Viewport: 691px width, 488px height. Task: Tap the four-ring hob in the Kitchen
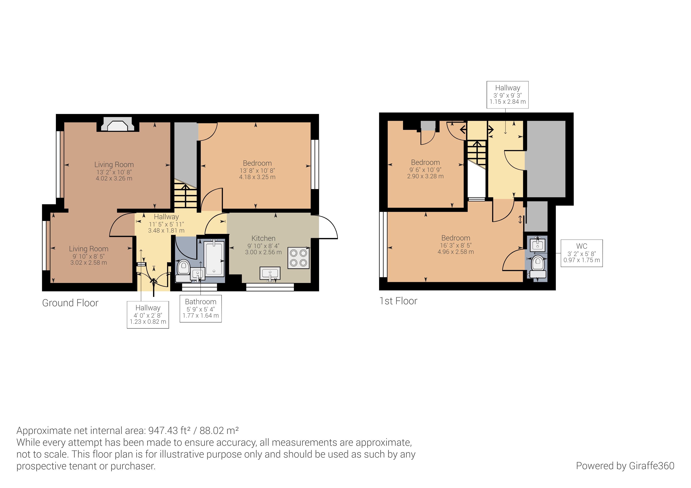[298, 258]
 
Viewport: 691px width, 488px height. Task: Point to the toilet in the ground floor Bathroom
[183, 268]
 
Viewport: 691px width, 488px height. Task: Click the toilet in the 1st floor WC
[538, 264]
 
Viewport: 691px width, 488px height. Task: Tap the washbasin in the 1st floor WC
[538, 245]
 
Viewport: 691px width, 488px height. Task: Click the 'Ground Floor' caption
[70, 303]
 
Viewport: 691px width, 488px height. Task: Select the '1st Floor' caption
[398, 301]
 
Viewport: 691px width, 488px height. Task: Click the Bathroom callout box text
[201, 309]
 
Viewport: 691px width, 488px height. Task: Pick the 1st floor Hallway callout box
[507, 95]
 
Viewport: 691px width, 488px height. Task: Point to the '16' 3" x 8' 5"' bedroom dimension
[456, 245]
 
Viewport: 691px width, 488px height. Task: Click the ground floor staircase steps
[185, 197]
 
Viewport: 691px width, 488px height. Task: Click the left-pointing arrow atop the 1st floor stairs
[463, 130]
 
